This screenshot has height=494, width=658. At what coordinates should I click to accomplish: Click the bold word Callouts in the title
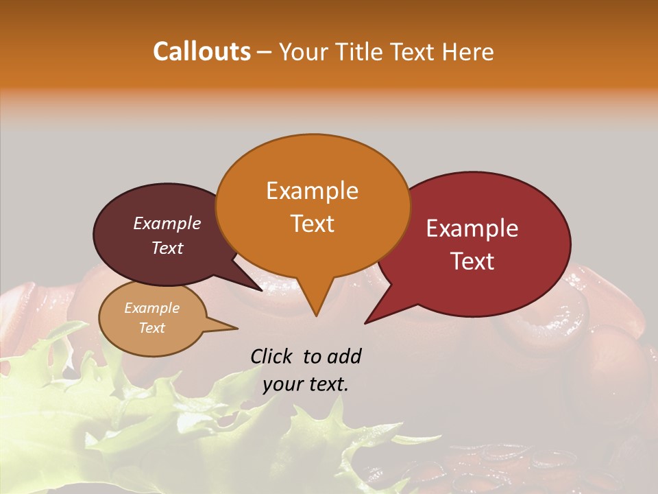pyautogui.click(x=202, y=51)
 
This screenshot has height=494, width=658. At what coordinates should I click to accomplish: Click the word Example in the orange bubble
pyautogui.click(x=312, y=191)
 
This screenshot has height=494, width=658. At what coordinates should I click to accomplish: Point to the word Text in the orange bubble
pyautogui.click(x=312, y=224)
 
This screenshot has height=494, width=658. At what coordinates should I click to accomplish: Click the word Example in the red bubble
pyautogui.click(x=472, y=228)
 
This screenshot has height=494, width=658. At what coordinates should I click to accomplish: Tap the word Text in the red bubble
pyautogui.click(x=472, y=261)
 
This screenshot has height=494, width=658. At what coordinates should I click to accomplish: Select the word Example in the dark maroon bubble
pyautogui.click(x=167, y=223)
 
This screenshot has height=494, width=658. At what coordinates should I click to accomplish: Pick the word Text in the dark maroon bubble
pyautogui.click(x=167, y=248)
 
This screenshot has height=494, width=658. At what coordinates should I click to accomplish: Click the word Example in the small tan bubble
pyautogui.click(x=152, y=308)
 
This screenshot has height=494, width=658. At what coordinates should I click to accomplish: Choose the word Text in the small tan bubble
pyautogui.click(x=152, y=328)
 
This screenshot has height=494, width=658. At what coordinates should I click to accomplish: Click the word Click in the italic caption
pyautogui.click(x=273, y=356)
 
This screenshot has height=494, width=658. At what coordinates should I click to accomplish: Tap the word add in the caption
pyautogui.click(x=344, y=356)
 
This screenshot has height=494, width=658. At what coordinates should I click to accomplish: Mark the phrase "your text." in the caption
pyautogui.click(x=306, y=384)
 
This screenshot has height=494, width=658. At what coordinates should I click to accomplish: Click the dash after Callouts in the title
pyautogui.click(x=265, y=51)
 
